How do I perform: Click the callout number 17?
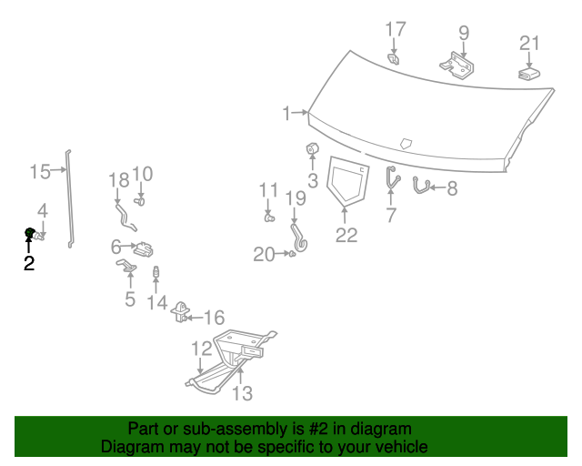395,30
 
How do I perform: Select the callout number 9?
464,33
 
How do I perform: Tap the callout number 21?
529,43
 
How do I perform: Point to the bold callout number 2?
29,264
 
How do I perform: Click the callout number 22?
346,235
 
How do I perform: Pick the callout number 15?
39,170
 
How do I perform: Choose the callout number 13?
242,393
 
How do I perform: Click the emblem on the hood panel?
406,143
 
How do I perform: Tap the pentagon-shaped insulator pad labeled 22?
346,178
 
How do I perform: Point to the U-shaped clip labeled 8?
420,186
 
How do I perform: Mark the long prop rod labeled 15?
70,196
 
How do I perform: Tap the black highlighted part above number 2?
30,234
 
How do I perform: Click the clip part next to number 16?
181,311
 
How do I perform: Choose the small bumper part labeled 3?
312,149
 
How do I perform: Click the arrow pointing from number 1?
300,114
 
